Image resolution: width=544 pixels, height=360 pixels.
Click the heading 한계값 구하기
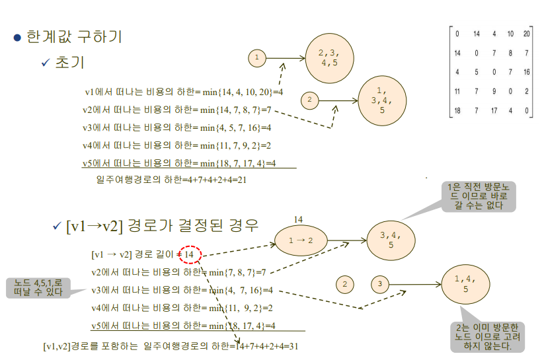pos(74,36)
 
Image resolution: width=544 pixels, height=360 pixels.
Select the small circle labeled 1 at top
pos(256,58)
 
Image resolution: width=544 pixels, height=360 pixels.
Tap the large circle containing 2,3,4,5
pos(329,58)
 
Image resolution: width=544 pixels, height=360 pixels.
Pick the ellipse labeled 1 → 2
pos(301,241)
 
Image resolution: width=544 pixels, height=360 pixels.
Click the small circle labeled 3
pos(380,285)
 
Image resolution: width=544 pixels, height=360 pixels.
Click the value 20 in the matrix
pos(526,33)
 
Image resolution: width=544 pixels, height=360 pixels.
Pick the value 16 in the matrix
pos(526,71)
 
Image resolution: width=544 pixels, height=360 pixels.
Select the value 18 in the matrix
pos(457,110)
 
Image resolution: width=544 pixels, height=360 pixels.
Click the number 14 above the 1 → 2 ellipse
pos(297,219)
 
